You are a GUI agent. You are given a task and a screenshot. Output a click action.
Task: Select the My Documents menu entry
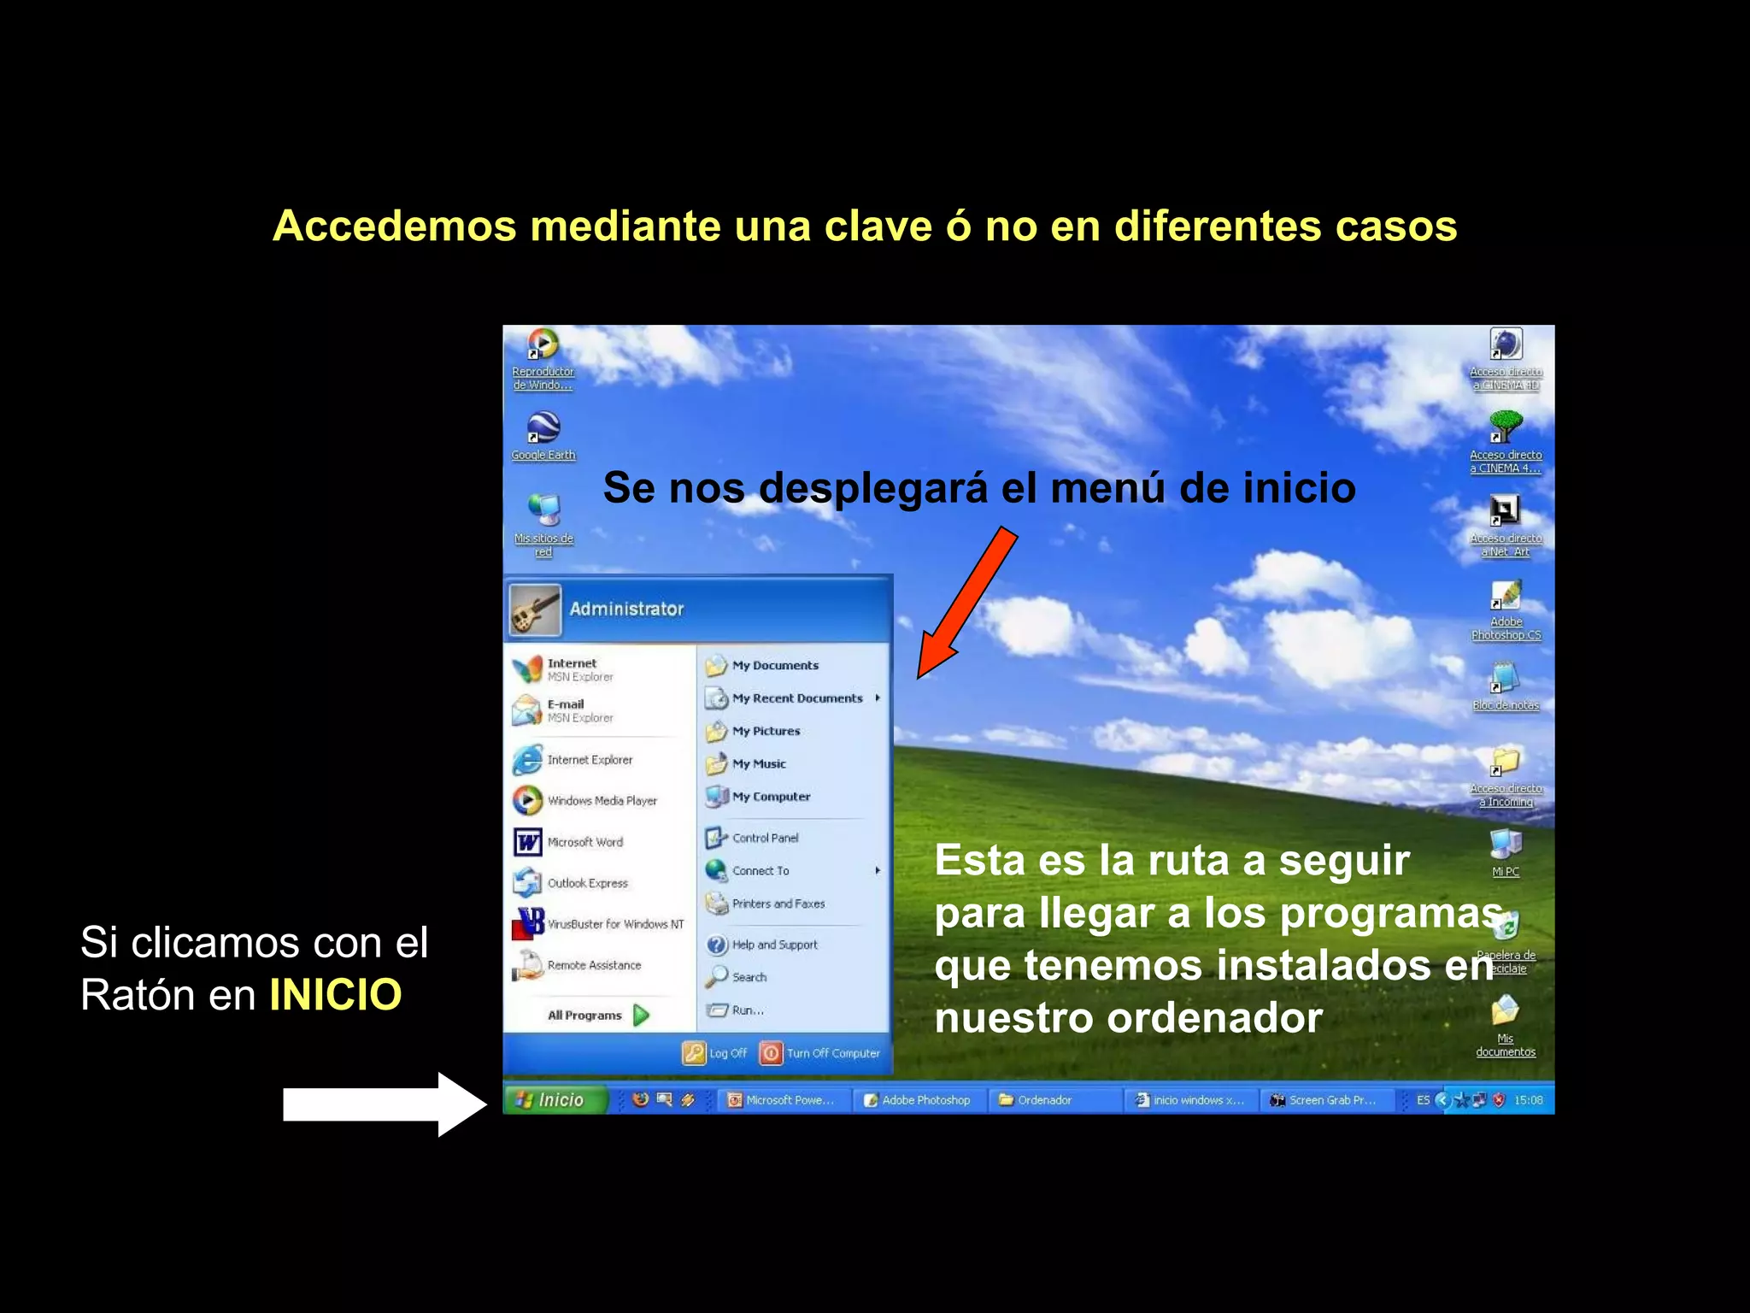pyautogui.click(x=774, y=665)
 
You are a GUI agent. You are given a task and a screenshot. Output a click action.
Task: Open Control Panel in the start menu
pyautogui.click(x=764, y=838)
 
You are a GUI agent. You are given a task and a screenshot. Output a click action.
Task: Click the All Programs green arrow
pyautogui.click(x=642, y=1015)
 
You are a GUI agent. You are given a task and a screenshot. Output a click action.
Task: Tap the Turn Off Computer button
pyautogui.click(x=821, y=1053)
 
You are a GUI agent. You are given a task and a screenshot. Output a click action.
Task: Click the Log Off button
pyautogui.click(x=716, y=1053)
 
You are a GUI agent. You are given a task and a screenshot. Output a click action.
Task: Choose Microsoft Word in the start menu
pyautogui.click(x=584, y=842)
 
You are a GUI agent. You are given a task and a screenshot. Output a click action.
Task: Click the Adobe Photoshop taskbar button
pyautogui.click(x=918, y=1100)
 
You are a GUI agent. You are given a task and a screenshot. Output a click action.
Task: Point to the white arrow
pyautogui.click(x=385, y=1104)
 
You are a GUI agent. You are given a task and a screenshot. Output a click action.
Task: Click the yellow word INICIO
pyautogui.click(x=335, y=995)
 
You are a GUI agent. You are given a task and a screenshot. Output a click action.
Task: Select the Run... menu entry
pyautogui.click(x=747, y=1010)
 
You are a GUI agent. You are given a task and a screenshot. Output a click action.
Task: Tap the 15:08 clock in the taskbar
pyautogui.click(x=1529, y=1100)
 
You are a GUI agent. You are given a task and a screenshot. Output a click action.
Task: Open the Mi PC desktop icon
pyautogui.click(x=1505, y=850)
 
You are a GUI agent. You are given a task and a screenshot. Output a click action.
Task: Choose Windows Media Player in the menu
pyautogui.click(x=601, y=801)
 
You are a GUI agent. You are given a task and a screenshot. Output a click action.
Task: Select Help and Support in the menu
pyautogui.click(x=773, y=945)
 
